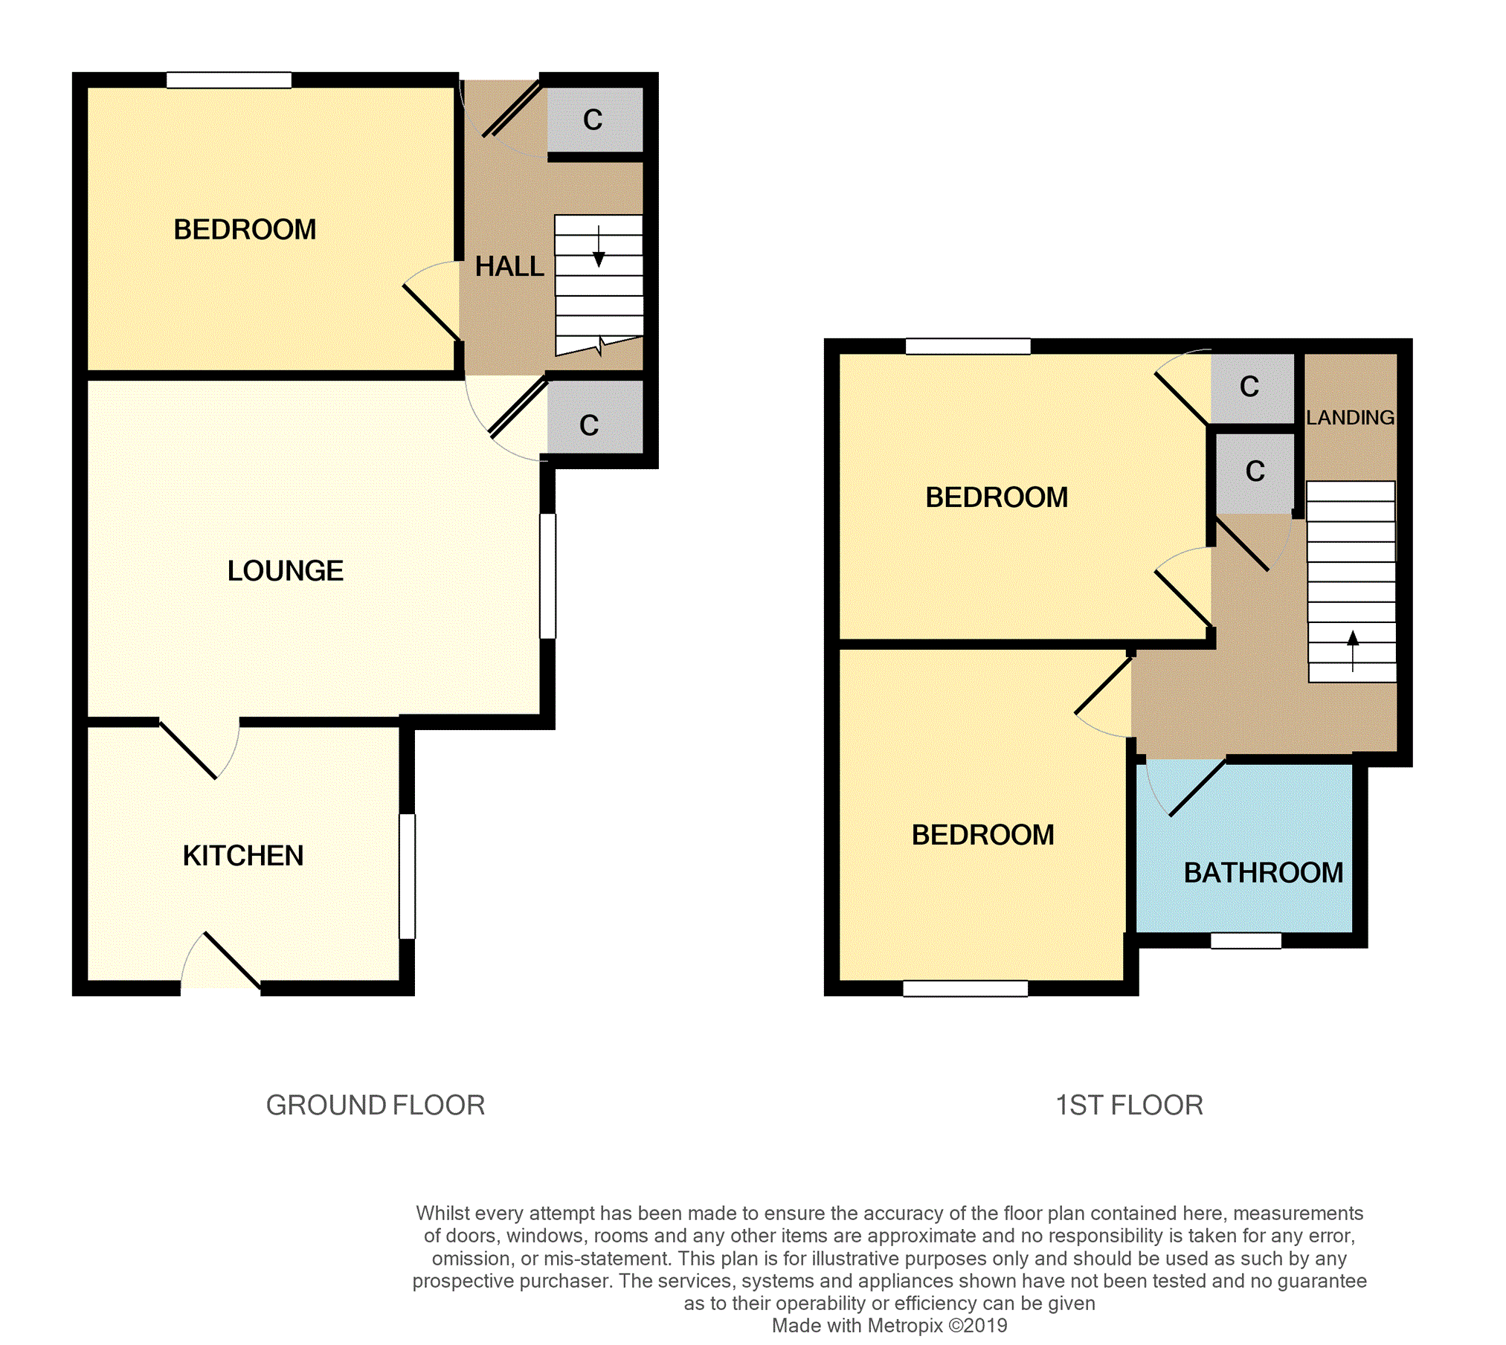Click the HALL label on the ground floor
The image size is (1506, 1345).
509,266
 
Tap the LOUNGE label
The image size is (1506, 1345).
285,571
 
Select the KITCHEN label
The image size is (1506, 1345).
243,856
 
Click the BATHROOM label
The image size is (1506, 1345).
1263,873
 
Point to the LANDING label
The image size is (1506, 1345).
1350,418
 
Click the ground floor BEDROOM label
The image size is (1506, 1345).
245,230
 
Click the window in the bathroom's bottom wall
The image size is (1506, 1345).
1246,941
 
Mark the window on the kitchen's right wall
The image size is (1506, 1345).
407,876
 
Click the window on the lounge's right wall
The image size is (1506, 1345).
547,575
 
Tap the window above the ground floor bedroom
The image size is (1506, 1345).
228,80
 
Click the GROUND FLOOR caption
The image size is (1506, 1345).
375,1106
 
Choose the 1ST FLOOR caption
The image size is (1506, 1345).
1128,1106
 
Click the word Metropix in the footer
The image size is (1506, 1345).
904,1325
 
